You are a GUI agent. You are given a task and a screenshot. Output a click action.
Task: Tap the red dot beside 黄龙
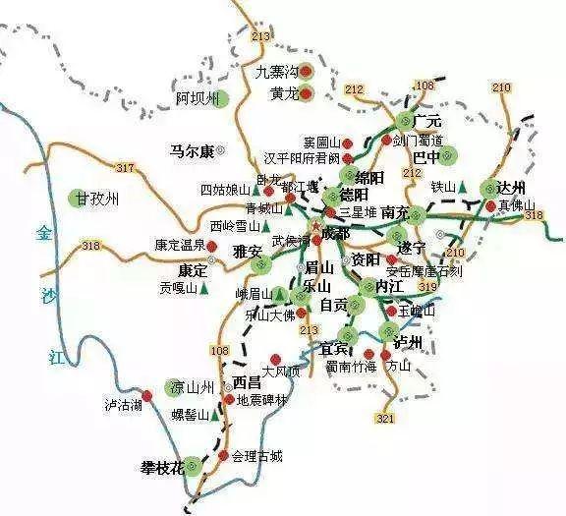pos(306,94)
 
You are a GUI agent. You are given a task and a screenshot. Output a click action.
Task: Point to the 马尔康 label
pos(192,151)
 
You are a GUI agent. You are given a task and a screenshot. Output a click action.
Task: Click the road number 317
pos(124,168)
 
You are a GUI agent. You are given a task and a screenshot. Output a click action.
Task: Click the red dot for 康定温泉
pos(212,246)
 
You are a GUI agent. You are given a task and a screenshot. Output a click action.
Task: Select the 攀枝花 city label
pos(163,467)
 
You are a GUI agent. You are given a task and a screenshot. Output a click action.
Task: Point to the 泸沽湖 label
pos(124,405)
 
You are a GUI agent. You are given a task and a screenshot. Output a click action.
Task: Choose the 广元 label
pos(429,119)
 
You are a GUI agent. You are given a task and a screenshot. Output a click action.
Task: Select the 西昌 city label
pos(247,382)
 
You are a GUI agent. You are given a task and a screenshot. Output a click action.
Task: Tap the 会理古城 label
pos(257,456)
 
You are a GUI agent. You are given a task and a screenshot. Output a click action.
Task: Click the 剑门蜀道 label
pos(419,140)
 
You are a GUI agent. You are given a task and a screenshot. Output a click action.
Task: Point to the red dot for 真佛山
pos(490,205)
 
